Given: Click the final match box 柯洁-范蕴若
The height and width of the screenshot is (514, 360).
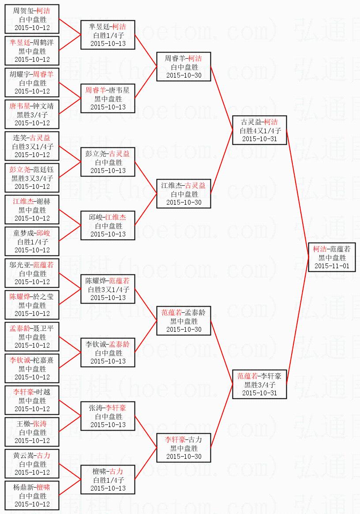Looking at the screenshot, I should click(x=332, y=257).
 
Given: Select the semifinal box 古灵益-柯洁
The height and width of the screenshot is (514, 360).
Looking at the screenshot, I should click(x=259, y=130).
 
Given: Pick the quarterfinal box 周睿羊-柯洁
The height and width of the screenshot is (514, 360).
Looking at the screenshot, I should click(x=184, y=67).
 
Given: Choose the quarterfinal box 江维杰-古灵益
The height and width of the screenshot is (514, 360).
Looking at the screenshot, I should click(x=184, y=194).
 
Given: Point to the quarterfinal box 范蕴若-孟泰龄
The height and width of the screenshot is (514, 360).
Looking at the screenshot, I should click(x=184, y=321).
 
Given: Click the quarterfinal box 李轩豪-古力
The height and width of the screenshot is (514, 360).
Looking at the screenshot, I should click(x=184, y=448).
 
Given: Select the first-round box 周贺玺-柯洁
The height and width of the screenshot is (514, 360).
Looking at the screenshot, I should click(x=32, y=19).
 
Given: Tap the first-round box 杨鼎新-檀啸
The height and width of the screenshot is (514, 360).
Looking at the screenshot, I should click(x=32, y=495).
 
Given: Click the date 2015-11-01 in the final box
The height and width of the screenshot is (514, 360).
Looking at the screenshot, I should click(x=332, y=266).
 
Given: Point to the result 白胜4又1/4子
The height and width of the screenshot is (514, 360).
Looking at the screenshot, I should click(x=259, y=131).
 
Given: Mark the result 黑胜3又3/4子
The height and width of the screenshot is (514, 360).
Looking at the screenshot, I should click(x=32, y=178).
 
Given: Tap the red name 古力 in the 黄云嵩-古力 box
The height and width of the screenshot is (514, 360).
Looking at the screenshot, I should click(x=43, y=455).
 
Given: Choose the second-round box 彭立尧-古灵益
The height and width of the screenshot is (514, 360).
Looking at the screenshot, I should click(x=108, y=162).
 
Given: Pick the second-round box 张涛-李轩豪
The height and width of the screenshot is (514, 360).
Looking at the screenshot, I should click(x=108, y=416).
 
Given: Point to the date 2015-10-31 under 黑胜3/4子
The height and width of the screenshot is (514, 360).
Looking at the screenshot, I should click(x=259, y=393).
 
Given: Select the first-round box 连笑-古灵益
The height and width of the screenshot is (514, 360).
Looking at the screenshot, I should click(x=32, y=146).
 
